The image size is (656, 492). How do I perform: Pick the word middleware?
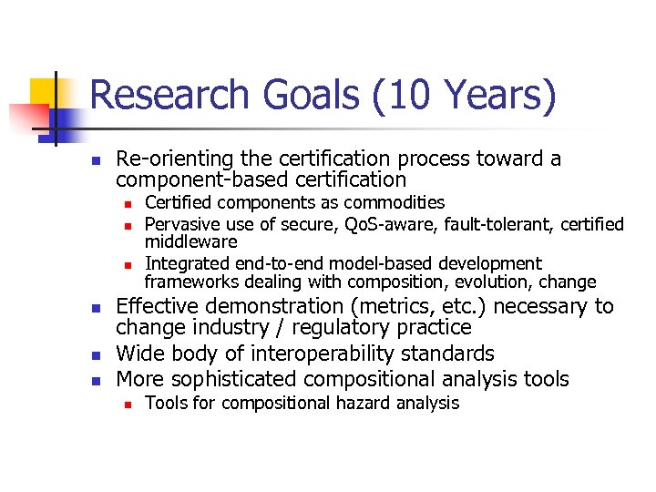191,241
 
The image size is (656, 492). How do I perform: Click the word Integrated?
186,264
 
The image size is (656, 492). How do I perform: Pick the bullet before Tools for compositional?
128,404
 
